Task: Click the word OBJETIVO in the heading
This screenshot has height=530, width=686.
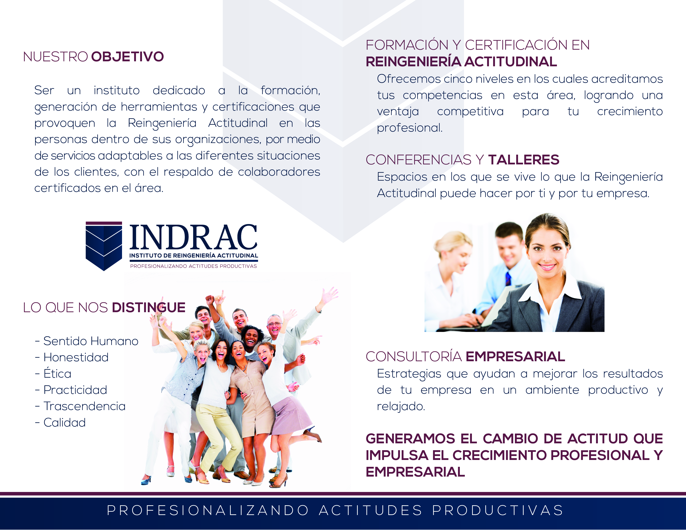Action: (127, 57)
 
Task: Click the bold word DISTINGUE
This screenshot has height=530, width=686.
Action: (149, 308)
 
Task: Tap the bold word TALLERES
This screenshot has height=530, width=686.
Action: (524, 160)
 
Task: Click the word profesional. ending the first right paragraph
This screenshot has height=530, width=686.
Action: (410, 128)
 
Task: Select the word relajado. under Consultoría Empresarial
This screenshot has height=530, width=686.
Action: (401, 407)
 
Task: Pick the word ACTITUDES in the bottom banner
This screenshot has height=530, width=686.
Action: (371, 510)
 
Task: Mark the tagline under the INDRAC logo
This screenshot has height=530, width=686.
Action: (194, 266)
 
